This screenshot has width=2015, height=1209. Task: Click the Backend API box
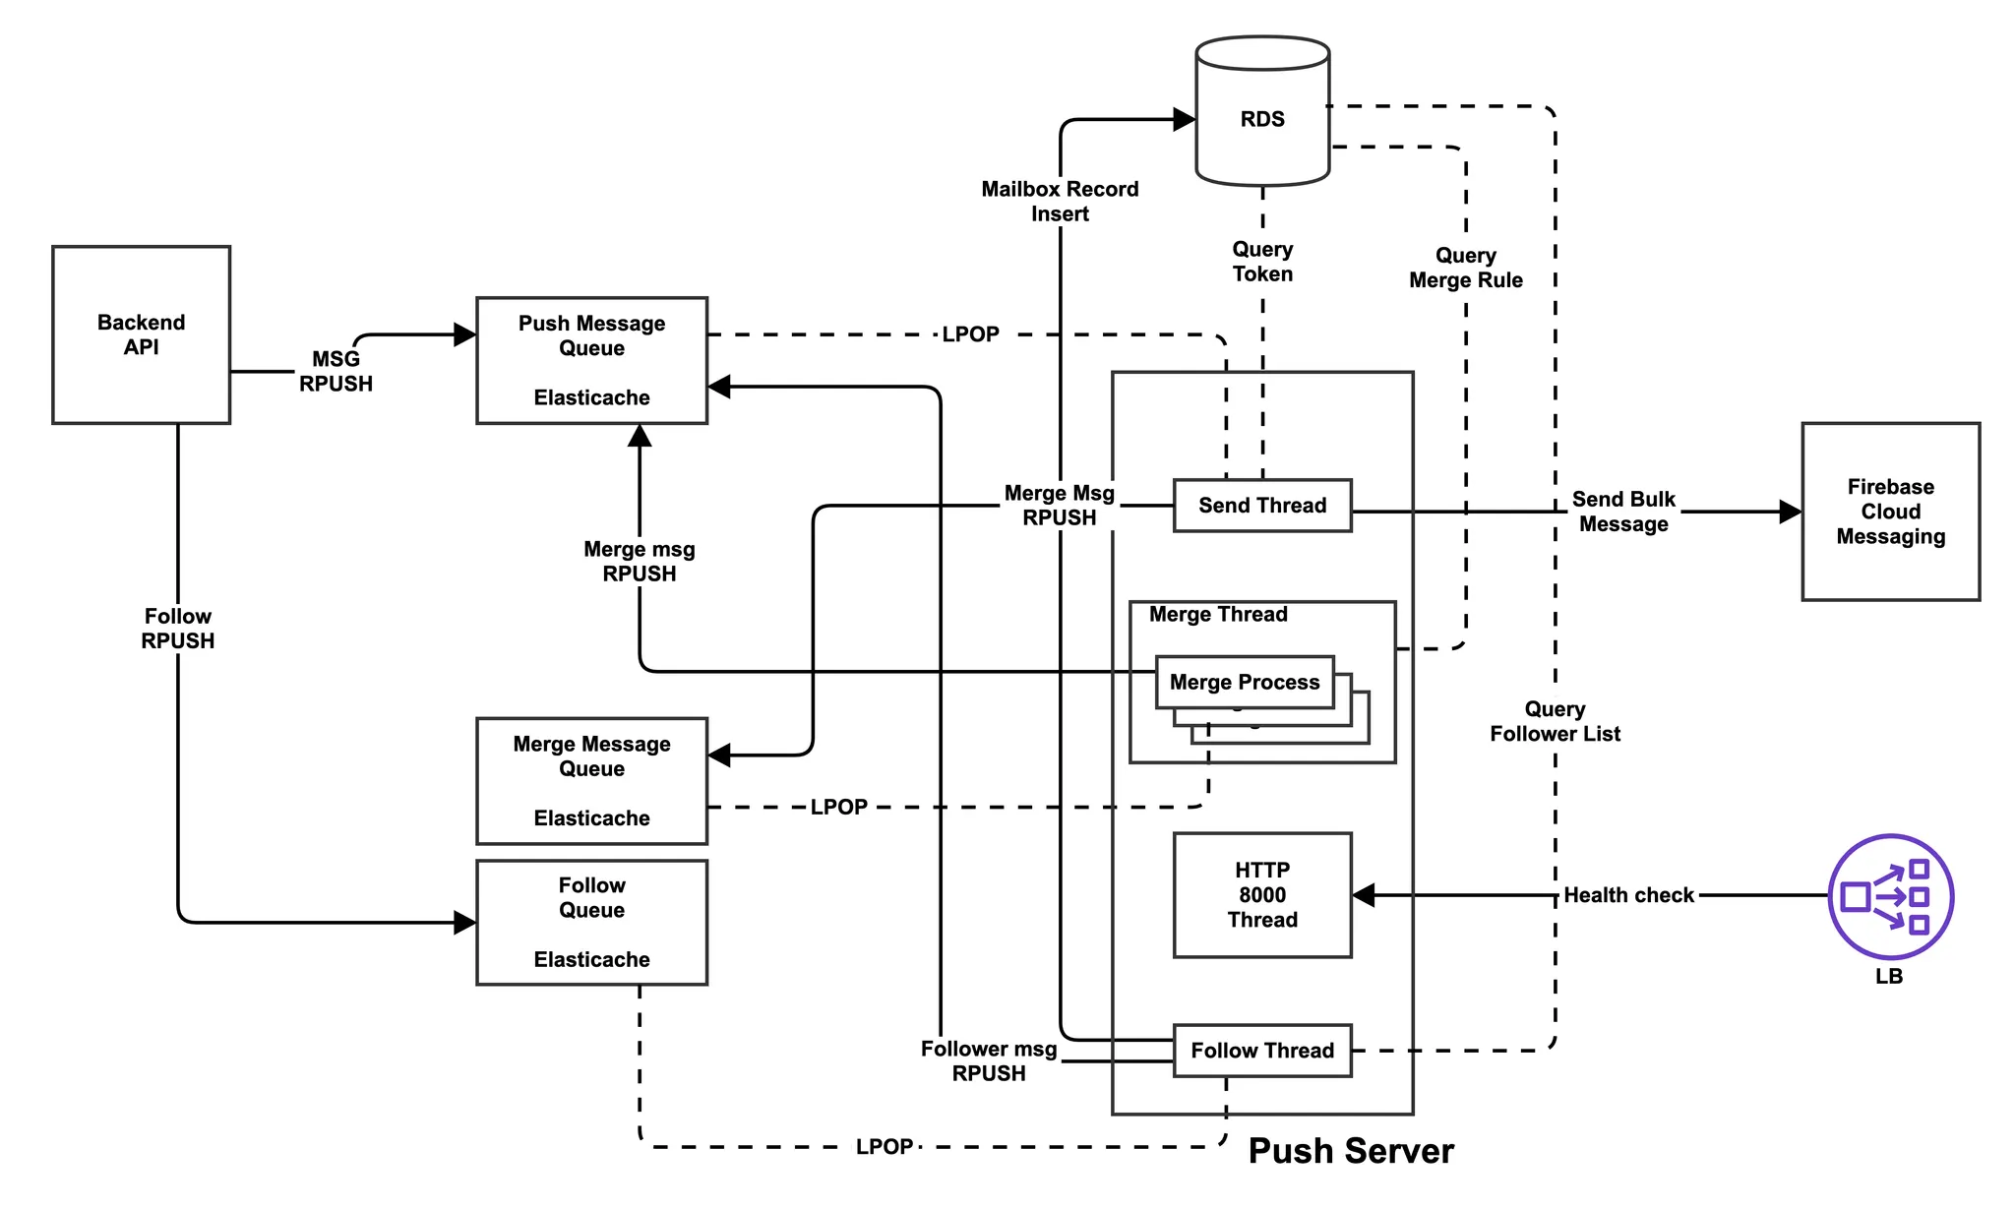(141, 334)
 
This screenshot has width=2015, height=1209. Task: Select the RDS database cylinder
(1262, 112)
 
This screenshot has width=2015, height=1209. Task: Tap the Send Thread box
(1262, 506)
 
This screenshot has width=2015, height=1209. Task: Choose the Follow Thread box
(1262, 1051)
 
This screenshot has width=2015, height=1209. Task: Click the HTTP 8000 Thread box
(1262, 895)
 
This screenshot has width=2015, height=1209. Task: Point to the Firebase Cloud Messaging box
(1890, 512)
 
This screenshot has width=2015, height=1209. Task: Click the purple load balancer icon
(1890, 896)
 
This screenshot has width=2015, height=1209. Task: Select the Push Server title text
(1351, 1151)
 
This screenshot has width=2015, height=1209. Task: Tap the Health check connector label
(1628, 895)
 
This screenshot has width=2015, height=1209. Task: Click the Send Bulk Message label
(1623, 512)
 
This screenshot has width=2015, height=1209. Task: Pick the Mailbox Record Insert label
(1060, 202)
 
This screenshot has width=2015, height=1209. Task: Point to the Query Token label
(1262, 262)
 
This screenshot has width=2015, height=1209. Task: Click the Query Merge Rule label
(1465, 268)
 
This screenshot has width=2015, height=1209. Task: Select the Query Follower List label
(1555, 721)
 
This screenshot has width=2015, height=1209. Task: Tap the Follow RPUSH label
(178, 629)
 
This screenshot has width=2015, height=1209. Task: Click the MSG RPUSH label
(336, 372)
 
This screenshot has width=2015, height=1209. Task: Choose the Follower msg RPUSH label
(989, 1061)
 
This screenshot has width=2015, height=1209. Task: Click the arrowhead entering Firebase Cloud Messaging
(1791, 512)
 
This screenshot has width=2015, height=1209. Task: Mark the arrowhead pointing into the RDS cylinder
(1185, 120)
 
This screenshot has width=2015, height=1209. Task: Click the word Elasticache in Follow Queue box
(591, 959)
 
